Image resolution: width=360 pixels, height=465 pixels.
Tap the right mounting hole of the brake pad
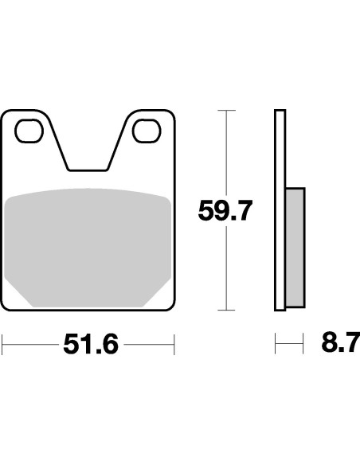click(147, 130)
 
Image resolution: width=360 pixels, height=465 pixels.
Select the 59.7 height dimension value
click(225, 211)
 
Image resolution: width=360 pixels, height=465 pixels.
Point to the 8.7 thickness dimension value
click(341, 345)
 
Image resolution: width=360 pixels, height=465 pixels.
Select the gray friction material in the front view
click(88, 247)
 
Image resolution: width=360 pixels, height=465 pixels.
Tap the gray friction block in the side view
click(294, 247)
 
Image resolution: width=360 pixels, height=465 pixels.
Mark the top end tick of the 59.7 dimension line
click(227, 110)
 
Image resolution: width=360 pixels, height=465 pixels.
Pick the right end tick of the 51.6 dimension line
click(174, 345)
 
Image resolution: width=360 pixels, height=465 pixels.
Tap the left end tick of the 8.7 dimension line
click(275, 345)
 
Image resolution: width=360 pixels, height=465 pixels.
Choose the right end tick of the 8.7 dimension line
click(304, 345)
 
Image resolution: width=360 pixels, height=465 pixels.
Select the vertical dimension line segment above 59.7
click(227, 151)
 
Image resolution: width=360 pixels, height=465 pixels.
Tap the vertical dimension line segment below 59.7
click(227, 271)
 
